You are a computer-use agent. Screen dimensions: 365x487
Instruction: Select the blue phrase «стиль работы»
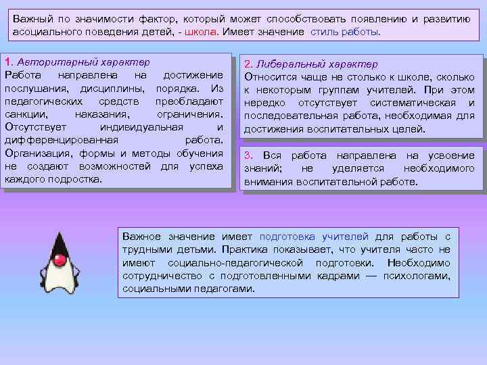(346, 32)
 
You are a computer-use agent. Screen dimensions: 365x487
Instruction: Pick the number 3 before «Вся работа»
(248, 155)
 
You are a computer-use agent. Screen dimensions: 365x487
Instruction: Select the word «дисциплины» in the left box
(111, 89)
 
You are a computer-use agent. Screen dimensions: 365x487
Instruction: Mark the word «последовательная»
(293, 116)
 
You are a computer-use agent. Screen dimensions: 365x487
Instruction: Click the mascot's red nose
(59, 260)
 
